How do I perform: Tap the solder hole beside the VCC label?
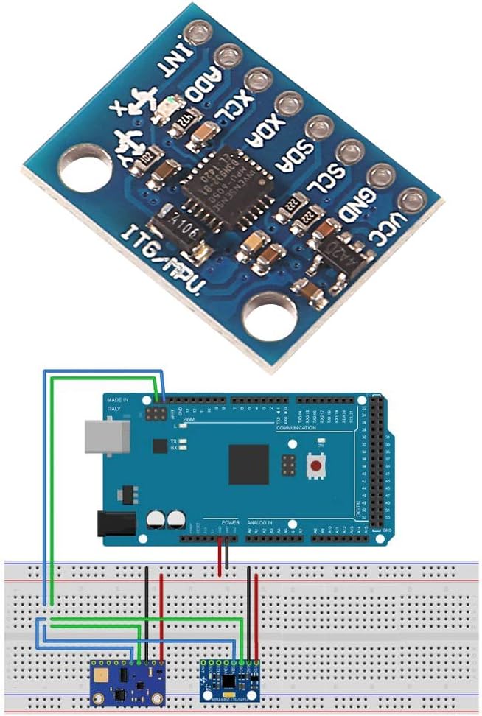pos(410,199)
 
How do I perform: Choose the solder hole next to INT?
pos(198,33)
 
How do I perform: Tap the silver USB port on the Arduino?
pos(102,436)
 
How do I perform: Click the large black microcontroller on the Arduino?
pos(248,465)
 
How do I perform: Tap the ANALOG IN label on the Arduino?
pos(268,522)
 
